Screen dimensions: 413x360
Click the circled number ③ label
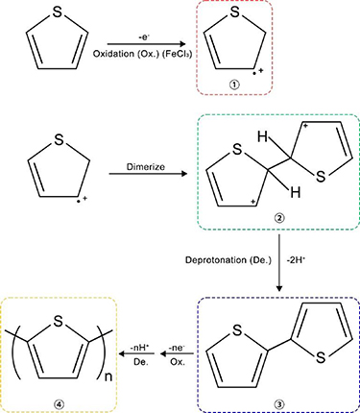[278, 394]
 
